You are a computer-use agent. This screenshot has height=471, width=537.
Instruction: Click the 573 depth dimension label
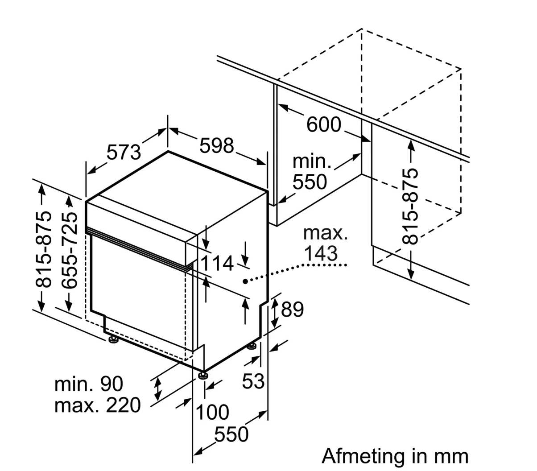pos(124,153)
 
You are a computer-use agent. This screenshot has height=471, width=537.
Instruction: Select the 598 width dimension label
pos(216,145)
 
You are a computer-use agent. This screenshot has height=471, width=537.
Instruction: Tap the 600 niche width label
pos(324,124)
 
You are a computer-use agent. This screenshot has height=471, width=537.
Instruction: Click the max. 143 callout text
pos(325,243)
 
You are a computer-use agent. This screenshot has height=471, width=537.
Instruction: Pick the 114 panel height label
pos(217,264)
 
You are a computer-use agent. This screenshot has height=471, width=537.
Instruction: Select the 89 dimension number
pos(292,309)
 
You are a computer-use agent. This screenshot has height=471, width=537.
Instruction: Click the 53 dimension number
pos(253,380)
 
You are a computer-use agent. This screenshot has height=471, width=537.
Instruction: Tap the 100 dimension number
pos(213,412)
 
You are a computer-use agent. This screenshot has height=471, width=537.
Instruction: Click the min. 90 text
pos(89,384)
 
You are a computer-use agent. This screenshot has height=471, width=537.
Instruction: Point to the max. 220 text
pos(97,405)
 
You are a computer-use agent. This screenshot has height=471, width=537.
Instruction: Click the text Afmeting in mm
pos(395,456)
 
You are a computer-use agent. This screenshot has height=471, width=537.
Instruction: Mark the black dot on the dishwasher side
pos(245,281)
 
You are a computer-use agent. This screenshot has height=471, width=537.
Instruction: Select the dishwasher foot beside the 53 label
pos(252,346)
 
